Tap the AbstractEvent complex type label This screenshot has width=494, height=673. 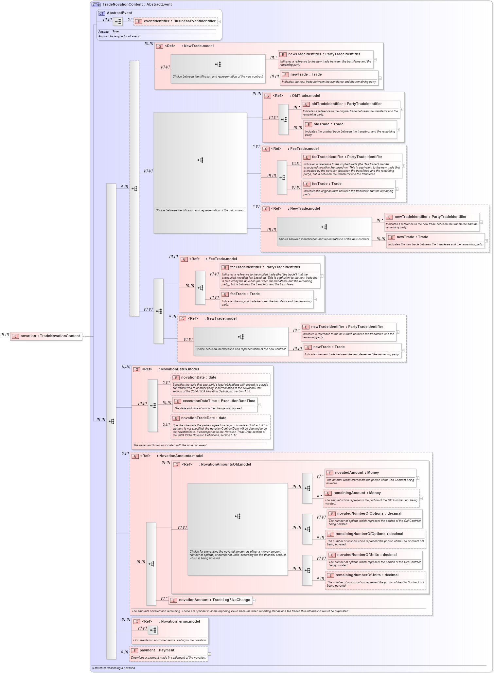(119, 13)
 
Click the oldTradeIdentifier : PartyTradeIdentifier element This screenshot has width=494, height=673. (346, 104)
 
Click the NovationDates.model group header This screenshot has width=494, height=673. (180, 369)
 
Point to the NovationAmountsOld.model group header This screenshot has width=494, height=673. (226, 465)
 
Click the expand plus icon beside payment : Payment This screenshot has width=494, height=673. (209, 654)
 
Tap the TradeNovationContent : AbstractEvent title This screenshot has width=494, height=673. (137, 5)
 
